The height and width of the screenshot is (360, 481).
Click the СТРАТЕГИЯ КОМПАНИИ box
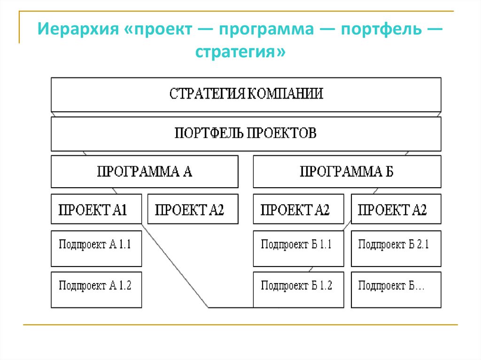click(x=246, y=94)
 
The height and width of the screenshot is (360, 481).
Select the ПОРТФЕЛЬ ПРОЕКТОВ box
click(x=246, y=134)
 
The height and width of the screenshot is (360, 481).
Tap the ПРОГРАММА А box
click(x=144, y=172)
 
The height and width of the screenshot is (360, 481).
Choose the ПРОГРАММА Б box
click(x=347, y=172)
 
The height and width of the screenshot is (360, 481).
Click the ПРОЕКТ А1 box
click(x=96, y=209)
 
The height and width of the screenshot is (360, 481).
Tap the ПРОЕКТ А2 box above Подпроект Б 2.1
click(x=396, y=209)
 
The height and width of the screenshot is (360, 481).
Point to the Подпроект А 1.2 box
click(x=96, y=290)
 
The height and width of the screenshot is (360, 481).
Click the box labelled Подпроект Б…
click(x=396, y=290)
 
